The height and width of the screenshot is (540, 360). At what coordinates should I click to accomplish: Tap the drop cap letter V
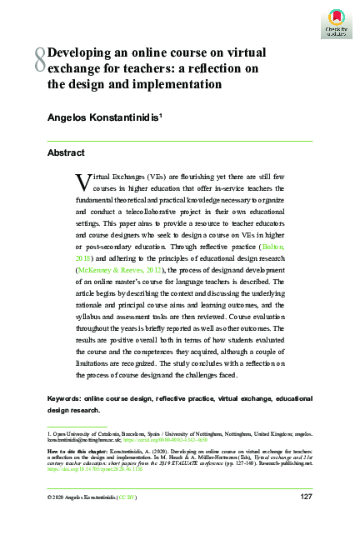click(x=81, y=180)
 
